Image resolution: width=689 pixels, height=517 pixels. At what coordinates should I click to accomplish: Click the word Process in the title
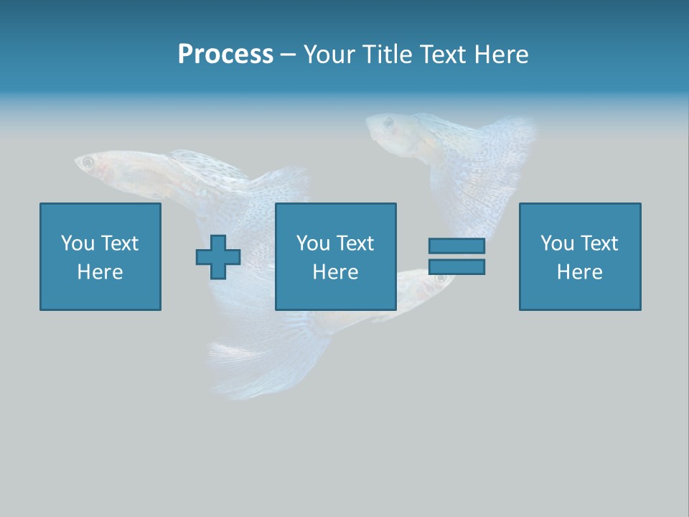[225, 54]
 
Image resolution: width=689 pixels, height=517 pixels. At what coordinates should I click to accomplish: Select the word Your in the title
[328, 54]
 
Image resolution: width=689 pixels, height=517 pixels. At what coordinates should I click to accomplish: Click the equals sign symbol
[456, 256]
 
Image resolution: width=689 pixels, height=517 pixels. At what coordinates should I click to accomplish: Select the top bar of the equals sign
[456, 246]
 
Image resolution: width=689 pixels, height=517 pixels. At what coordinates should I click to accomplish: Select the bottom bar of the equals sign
[456, 267]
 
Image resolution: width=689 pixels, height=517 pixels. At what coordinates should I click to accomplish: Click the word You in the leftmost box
[78, 243]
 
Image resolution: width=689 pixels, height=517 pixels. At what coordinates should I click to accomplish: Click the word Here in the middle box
[335, 272]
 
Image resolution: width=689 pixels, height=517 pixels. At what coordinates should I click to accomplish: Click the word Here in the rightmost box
[579, 272]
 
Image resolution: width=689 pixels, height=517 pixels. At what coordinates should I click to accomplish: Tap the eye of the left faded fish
[88, 162]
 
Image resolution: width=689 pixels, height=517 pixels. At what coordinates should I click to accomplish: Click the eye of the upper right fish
[389, 123]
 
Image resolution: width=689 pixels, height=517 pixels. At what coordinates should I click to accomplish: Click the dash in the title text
[288, 55]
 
